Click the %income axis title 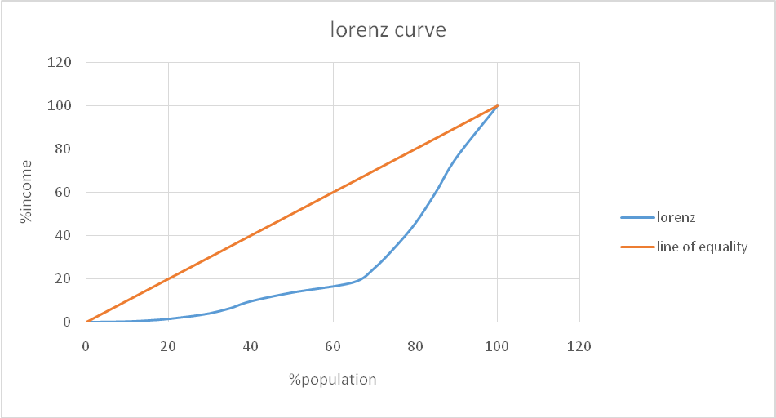pos(27,193)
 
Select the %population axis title pos(332,379)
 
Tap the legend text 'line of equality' pos(702,247)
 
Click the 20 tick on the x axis pos(168,346)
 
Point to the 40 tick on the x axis pos(251,346)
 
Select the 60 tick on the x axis pos(333,346)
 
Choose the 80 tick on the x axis pos(415,346)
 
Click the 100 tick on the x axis pos(497,346)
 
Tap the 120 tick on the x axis pos(579,346)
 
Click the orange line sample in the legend pos(636,247)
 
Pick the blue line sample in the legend pos(636,218)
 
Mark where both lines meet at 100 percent pos(497,106)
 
